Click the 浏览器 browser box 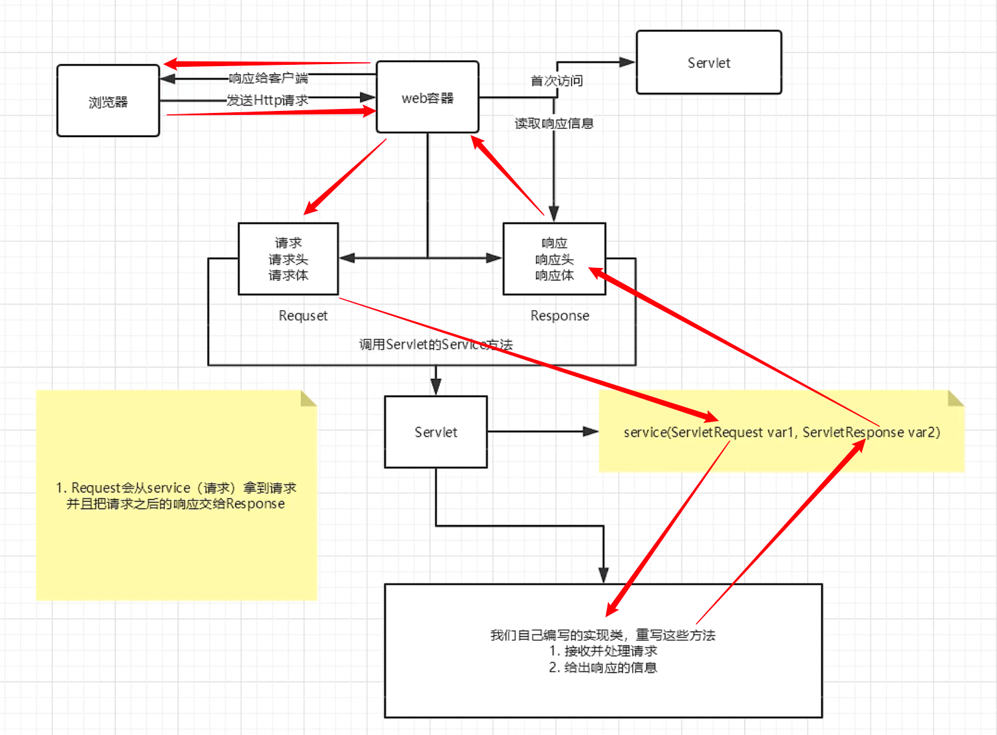(x=108, y=101)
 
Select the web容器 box (x=427, y=97)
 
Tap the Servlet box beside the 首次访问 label (x=708, y=62)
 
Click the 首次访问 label (x=557, y=81)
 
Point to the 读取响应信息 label (x=554, y=124)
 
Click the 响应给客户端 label (x=268, y=78)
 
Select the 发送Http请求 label (x=267, y=100)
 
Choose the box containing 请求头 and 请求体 (x=289, y=259)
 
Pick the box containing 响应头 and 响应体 (x=554, y=259)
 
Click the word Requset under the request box (x=303, y=315)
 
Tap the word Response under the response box (x=559, y=315)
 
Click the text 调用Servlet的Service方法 (x=436, y=345)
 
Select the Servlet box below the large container (x=436, y=432)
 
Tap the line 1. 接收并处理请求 (x=603, y=651)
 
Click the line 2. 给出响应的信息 (x=603, y=668)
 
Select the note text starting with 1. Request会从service (x=176, y=496)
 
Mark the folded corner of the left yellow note (x=309, y=398)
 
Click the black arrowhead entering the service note (x=591, y=432)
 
